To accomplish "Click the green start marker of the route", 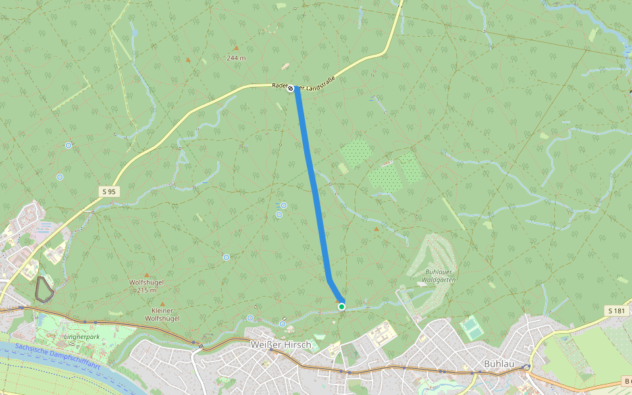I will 342,307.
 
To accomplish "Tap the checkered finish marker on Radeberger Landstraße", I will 290,88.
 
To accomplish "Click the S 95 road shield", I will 109,191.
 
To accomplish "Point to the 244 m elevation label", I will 236,58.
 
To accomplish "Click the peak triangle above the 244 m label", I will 236,48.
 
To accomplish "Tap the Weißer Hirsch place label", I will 280,344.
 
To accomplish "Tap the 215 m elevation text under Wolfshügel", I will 146,290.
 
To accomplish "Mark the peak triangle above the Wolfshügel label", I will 146,275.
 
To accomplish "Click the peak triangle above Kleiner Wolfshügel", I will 162,303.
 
